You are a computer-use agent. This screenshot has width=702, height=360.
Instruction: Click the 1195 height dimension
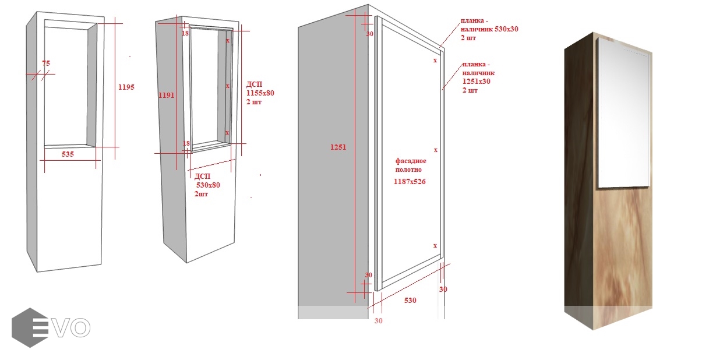click(126, 87)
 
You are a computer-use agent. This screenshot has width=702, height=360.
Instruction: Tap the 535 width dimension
click(68, 154)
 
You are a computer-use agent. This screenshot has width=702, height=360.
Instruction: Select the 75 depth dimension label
click(46, 63)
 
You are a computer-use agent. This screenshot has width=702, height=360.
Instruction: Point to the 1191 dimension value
click(166, 96)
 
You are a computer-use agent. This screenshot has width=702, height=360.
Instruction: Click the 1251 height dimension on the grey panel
click(338, 147)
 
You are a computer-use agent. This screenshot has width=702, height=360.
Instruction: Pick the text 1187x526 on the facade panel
click(410, 181)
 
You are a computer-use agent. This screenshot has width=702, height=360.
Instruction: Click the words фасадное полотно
click(411, 165)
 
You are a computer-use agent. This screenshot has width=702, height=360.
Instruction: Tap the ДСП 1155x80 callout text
click(260, 93)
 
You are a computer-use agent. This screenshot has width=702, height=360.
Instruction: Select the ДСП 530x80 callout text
click(207, 185)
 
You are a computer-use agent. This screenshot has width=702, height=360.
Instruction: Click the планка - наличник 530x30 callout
click(489, 29)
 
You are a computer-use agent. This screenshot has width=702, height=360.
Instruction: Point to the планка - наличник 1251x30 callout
click(478, 77)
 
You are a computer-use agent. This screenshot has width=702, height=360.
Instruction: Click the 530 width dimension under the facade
click(410, 301)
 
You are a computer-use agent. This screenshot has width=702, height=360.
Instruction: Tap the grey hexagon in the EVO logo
click(30, 327)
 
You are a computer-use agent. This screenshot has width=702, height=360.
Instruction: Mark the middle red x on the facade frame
click(436, 150)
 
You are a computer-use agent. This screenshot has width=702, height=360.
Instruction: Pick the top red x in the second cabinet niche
click(228, 41)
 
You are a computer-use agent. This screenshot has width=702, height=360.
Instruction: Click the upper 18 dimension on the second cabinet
click(185, 33)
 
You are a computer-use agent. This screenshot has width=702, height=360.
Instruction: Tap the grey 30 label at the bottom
click(378, 321)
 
